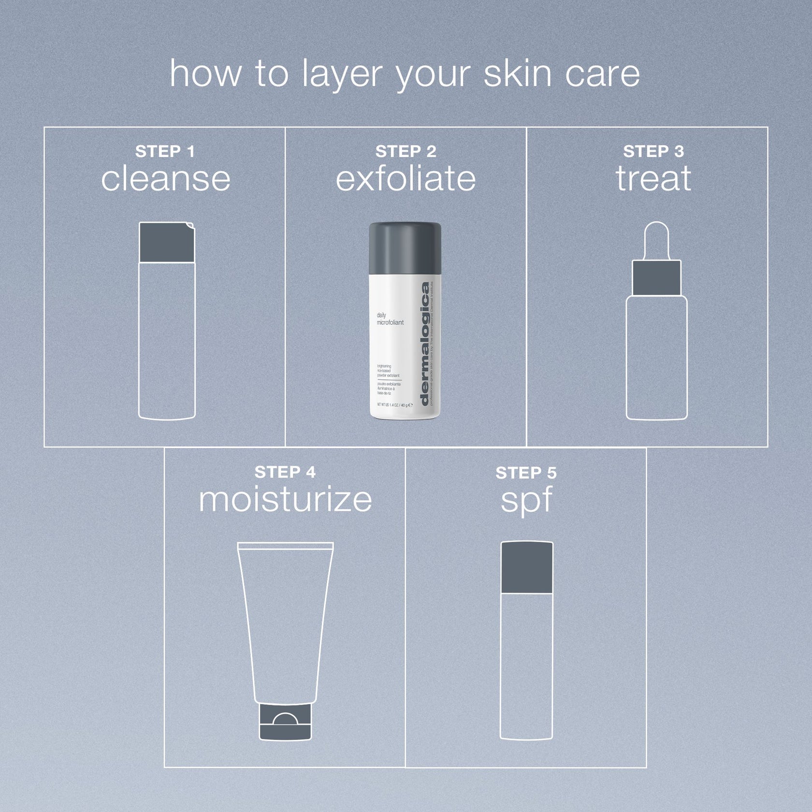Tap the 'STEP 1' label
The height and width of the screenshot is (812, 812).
[165, 151]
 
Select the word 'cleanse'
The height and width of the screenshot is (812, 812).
[165, 179]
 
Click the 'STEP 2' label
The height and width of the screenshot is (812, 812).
[406, 151]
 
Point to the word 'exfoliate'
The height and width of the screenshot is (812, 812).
[406, 179]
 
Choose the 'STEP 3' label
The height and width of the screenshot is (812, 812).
[653, 151]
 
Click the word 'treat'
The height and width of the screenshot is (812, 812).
[653, 179]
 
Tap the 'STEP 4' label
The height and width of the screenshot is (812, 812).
[285, 472]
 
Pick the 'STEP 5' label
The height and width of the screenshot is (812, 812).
[526, 473]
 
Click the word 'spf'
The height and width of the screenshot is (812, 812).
[526, 501]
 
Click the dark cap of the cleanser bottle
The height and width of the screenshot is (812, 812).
[166, 243]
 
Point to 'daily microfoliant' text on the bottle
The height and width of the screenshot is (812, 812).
[390, 319]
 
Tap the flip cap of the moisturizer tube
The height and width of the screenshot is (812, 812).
[285, 722]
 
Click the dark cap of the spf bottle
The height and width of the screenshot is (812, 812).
[526, 567]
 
